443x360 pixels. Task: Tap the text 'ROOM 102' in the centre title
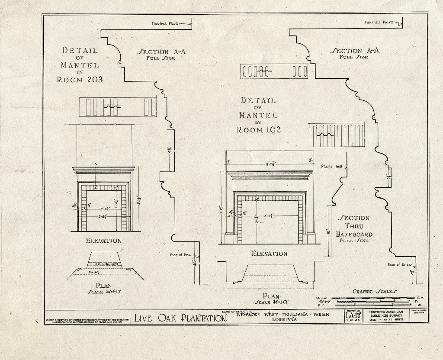click(259, 129)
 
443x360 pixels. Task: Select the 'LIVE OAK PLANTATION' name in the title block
click(181, 318)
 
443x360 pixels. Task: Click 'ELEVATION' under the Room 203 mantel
click(104, 241)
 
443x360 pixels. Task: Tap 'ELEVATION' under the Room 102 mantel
click(270, 254)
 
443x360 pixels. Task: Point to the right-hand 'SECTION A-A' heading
click(355, 51)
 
